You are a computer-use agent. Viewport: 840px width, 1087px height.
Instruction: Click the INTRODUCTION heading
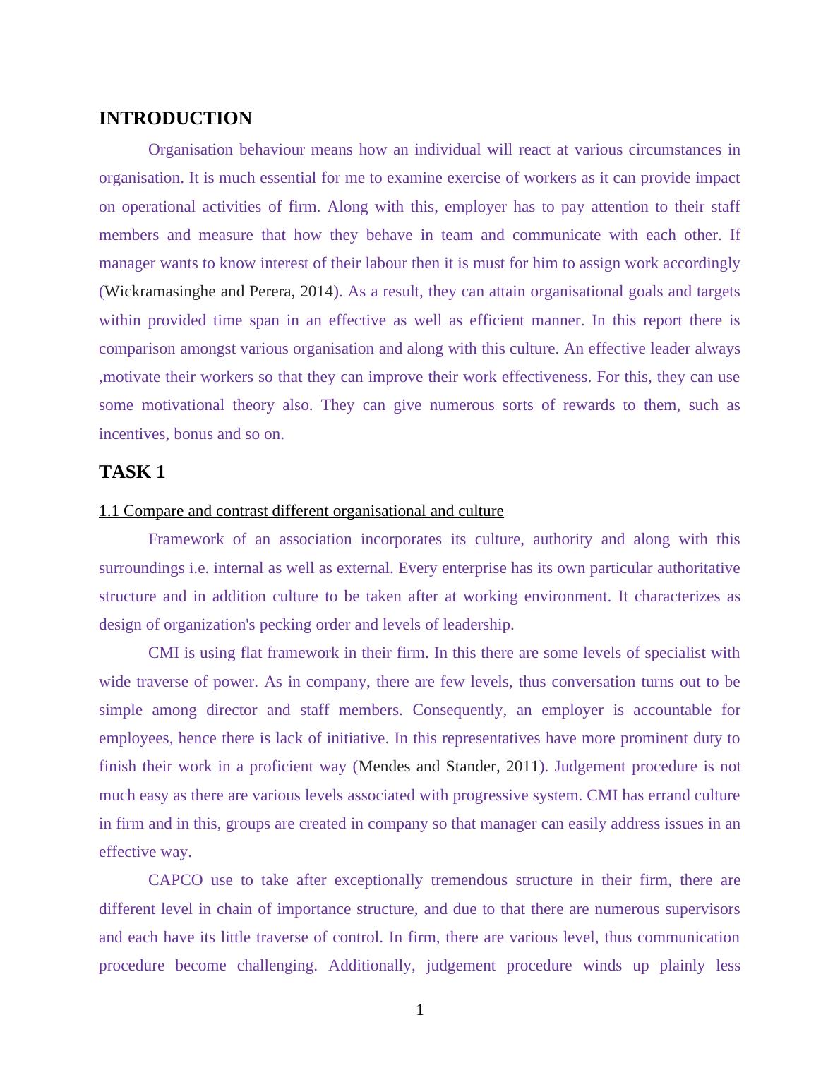pos(175,119)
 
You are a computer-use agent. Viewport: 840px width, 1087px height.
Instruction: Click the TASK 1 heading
pos(132,472)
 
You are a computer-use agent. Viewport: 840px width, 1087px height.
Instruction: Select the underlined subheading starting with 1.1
pos(301,511)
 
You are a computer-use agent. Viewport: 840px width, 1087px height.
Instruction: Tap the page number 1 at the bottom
pos(420,1010)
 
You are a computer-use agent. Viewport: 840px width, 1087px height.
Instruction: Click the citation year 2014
pos(316,292)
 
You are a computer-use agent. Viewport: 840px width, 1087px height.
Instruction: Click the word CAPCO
pos(175,880)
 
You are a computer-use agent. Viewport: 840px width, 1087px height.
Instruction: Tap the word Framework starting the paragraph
pos(186,539)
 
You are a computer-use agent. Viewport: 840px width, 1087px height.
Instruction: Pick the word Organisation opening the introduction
pos(191,150)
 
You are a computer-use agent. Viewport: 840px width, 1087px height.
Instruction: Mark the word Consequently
pos(460,710)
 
